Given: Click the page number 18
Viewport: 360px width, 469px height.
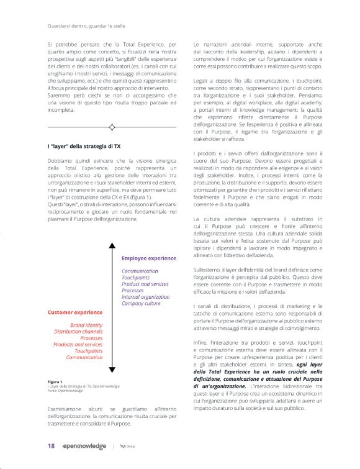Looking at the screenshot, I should (52, 446).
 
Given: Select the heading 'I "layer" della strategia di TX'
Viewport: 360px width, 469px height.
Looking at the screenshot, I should (86, 146).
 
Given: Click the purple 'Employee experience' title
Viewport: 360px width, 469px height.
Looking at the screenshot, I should (148, 258).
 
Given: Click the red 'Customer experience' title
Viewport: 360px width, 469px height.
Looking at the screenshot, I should (75, 312).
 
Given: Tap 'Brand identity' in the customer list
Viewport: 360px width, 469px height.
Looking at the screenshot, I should (86, 325).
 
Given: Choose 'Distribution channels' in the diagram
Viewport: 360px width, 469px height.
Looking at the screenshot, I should (78, 332).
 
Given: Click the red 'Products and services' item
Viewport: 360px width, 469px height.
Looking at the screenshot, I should (78, 345).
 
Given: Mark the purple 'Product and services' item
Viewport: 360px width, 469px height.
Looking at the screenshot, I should (145, 284).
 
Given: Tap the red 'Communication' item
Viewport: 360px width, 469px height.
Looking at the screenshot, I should (84, 358).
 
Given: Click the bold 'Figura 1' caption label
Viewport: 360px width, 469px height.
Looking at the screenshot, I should (55, 381).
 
